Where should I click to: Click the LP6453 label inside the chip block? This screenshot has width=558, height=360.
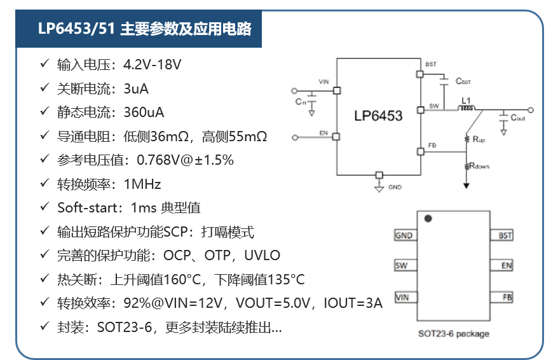pyautogui.click(x=378, y=116)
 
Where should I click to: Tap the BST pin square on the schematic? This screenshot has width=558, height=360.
pyautogui.click(x=420, y=74)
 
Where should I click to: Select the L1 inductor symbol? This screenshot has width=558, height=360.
pyautogui.click(x=466, y=107)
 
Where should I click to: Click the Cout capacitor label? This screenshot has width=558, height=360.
pyautogui.click(x=518, y=118)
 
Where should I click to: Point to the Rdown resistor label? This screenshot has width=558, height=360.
pyautogui.click(x=479, y=166)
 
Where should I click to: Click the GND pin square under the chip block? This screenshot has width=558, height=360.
pyautogui.click(x=379, y=175)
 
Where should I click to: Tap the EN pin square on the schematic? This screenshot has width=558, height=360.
pyautogui.click(x=336, y=137)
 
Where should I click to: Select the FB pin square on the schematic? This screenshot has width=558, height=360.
pyautogui.click(x=421, y=151)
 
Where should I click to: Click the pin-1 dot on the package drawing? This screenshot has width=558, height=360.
pyautogui.click(x=428, y=218)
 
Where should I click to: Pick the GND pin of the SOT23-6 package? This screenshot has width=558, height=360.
pyautogui.click(x=405, y=235)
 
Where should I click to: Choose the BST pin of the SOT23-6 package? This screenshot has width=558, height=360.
pyautogui.click(x=502, y=235)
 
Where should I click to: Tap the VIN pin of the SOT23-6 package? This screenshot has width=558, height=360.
pyautogui.click(x=405, y=297)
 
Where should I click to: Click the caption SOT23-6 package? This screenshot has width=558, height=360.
pyautogui.click(x=454, y=334)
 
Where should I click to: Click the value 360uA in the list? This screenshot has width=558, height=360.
pyautogui.click(x=144, y=113)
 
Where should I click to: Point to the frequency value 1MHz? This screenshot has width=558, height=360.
pyautogui.click(x=142, y=184)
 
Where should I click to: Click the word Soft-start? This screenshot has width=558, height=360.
pyautogui.click(x=88, y=207)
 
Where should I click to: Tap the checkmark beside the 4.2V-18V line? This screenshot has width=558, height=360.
pyautogui.click(x=44, y=64)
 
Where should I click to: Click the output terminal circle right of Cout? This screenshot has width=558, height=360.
pyautogui.click(x=531, y=110)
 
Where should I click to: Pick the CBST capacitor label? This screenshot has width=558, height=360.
pyautogui.click(x=463, y=81)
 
